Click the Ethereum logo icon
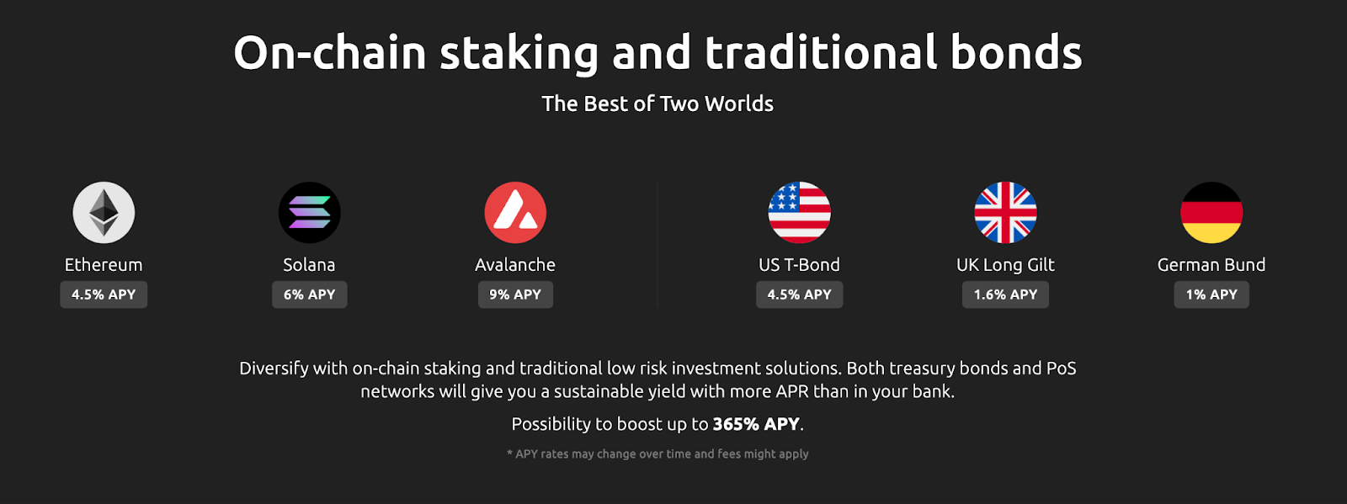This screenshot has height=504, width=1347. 104,213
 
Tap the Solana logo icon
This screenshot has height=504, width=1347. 309,213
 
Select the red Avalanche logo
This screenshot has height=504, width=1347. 515,213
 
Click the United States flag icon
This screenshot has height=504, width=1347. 799,213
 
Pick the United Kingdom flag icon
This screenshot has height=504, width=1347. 1005,213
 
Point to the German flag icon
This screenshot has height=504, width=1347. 1211,213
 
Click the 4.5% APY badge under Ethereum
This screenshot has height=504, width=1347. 104,294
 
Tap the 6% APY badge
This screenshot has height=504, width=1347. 309,294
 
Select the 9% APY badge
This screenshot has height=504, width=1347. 515,294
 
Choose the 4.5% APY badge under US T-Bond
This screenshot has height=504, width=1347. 799,294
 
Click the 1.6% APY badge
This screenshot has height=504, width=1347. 1005,294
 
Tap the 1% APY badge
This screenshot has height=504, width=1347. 1211,294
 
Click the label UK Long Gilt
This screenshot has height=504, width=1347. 1005,265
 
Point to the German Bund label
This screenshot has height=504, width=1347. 1211,265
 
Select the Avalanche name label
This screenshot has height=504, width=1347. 515,265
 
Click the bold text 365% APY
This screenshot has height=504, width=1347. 756,424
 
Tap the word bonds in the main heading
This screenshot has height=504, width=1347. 1016,52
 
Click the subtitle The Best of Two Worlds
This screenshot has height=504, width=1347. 658,104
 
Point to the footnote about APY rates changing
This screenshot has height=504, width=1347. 658,454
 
